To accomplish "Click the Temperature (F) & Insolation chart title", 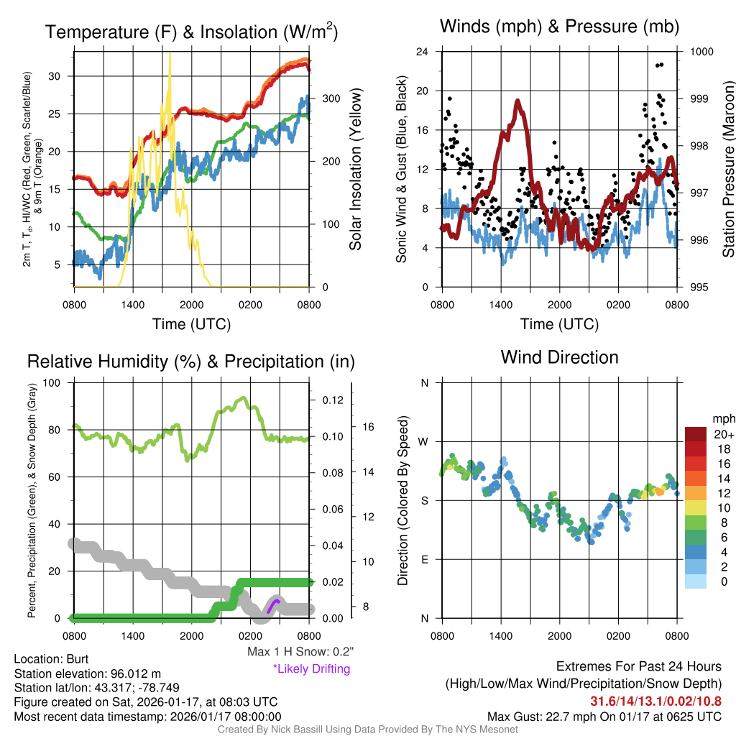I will (191, 32).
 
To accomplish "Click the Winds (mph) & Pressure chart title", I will (559, 27).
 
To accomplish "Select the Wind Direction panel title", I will (559, 357).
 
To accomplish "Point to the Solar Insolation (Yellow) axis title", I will (355, 169).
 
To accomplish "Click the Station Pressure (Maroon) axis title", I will (727, 169).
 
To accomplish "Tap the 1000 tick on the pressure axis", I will (701, 52).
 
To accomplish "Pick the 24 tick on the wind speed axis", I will (423, 52).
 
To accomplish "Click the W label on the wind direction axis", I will (424, 442).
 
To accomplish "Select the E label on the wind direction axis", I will (425, 559).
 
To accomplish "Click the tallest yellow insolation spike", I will (170, 54).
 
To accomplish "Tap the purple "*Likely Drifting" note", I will (311, 668).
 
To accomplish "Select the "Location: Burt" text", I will (50, 658).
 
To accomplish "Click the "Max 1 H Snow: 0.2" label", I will (300, 652).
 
